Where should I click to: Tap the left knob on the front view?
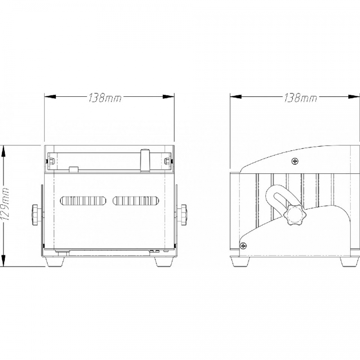36,215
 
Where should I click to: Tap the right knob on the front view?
183,215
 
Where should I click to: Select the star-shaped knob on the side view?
292,216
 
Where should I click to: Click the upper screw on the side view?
295,162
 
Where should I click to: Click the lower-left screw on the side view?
243,246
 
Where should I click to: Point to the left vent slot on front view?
83,201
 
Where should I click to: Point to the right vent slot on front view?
136,201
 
